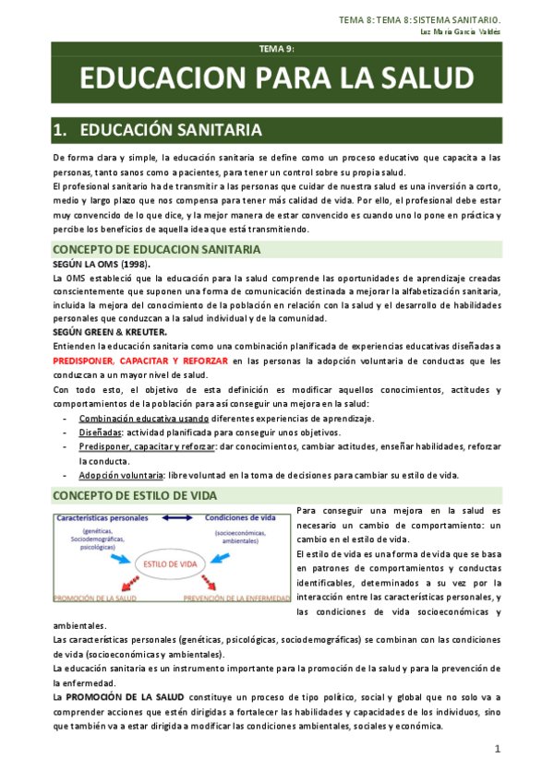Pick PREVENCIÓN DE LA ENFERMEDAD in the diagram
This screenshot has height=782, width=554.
pyautogui.click(x=242, y=598)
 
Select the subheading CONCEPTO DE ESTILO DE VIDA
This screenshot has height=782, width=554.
pyautogui.click(x=136, y=495)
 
